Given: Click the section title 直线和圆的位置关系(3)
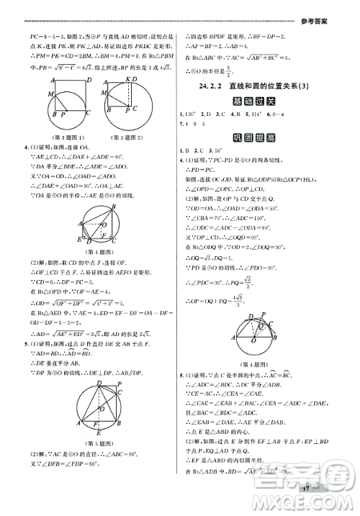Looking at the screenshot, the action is (270, 87).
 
